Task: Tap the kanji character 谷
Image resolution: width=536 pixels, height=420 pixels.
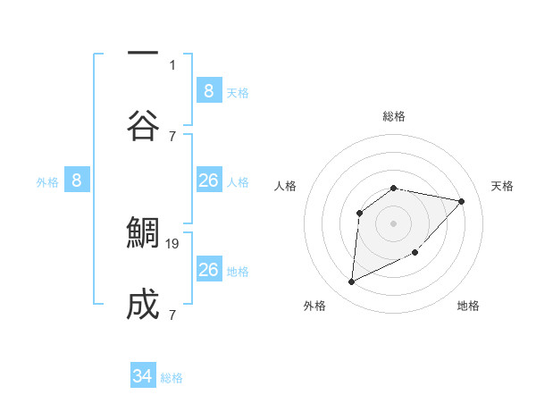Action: pos(143,125)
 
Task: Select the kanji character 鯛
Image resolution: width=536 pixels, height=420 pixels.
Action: pos(143,232)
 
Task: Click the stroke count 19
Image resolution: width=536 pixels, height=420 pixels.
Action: pos(174,243)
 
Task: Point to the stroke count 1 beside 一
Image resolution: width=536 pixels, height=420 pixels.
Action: pos(172,64)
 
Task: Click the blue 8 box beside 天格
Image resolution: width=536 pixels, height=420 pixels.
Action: pos(208,90)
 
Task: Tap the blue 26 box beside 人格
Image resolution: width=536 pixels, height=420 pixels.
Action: pos(208,181)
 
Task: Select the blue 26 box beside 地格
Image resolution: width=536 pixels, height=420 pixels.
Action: pos(208,270)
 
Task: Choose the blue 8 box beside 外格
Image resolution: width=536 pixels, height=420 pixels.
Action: pos(76,181)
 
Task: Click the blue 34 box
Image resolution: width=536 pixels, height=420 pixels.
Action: pos(143,376)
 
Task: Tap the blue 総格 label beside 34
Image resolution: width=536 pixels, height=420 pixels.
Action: pos(172,378)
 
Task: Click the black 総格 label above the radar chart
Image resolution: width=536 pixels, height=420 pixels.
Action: pos(394,116)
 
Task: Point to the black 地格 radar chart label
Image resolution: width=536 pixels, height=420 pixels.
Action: pos(468,306)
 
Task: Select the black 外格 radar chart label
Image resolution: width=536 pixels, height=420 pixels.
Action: pos(314,306)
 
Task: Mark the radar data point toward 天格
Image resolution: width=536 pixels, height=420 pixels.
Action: pos(461,201)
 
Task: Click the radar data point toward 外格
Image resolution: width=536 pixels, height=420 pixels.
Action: pos(351,282)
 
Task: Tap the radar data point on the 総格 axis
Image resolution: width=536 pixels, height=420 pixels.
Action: pos(394,188)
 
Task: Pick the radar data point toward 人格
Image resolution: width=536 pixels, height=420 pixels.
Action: pos(360,213)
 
